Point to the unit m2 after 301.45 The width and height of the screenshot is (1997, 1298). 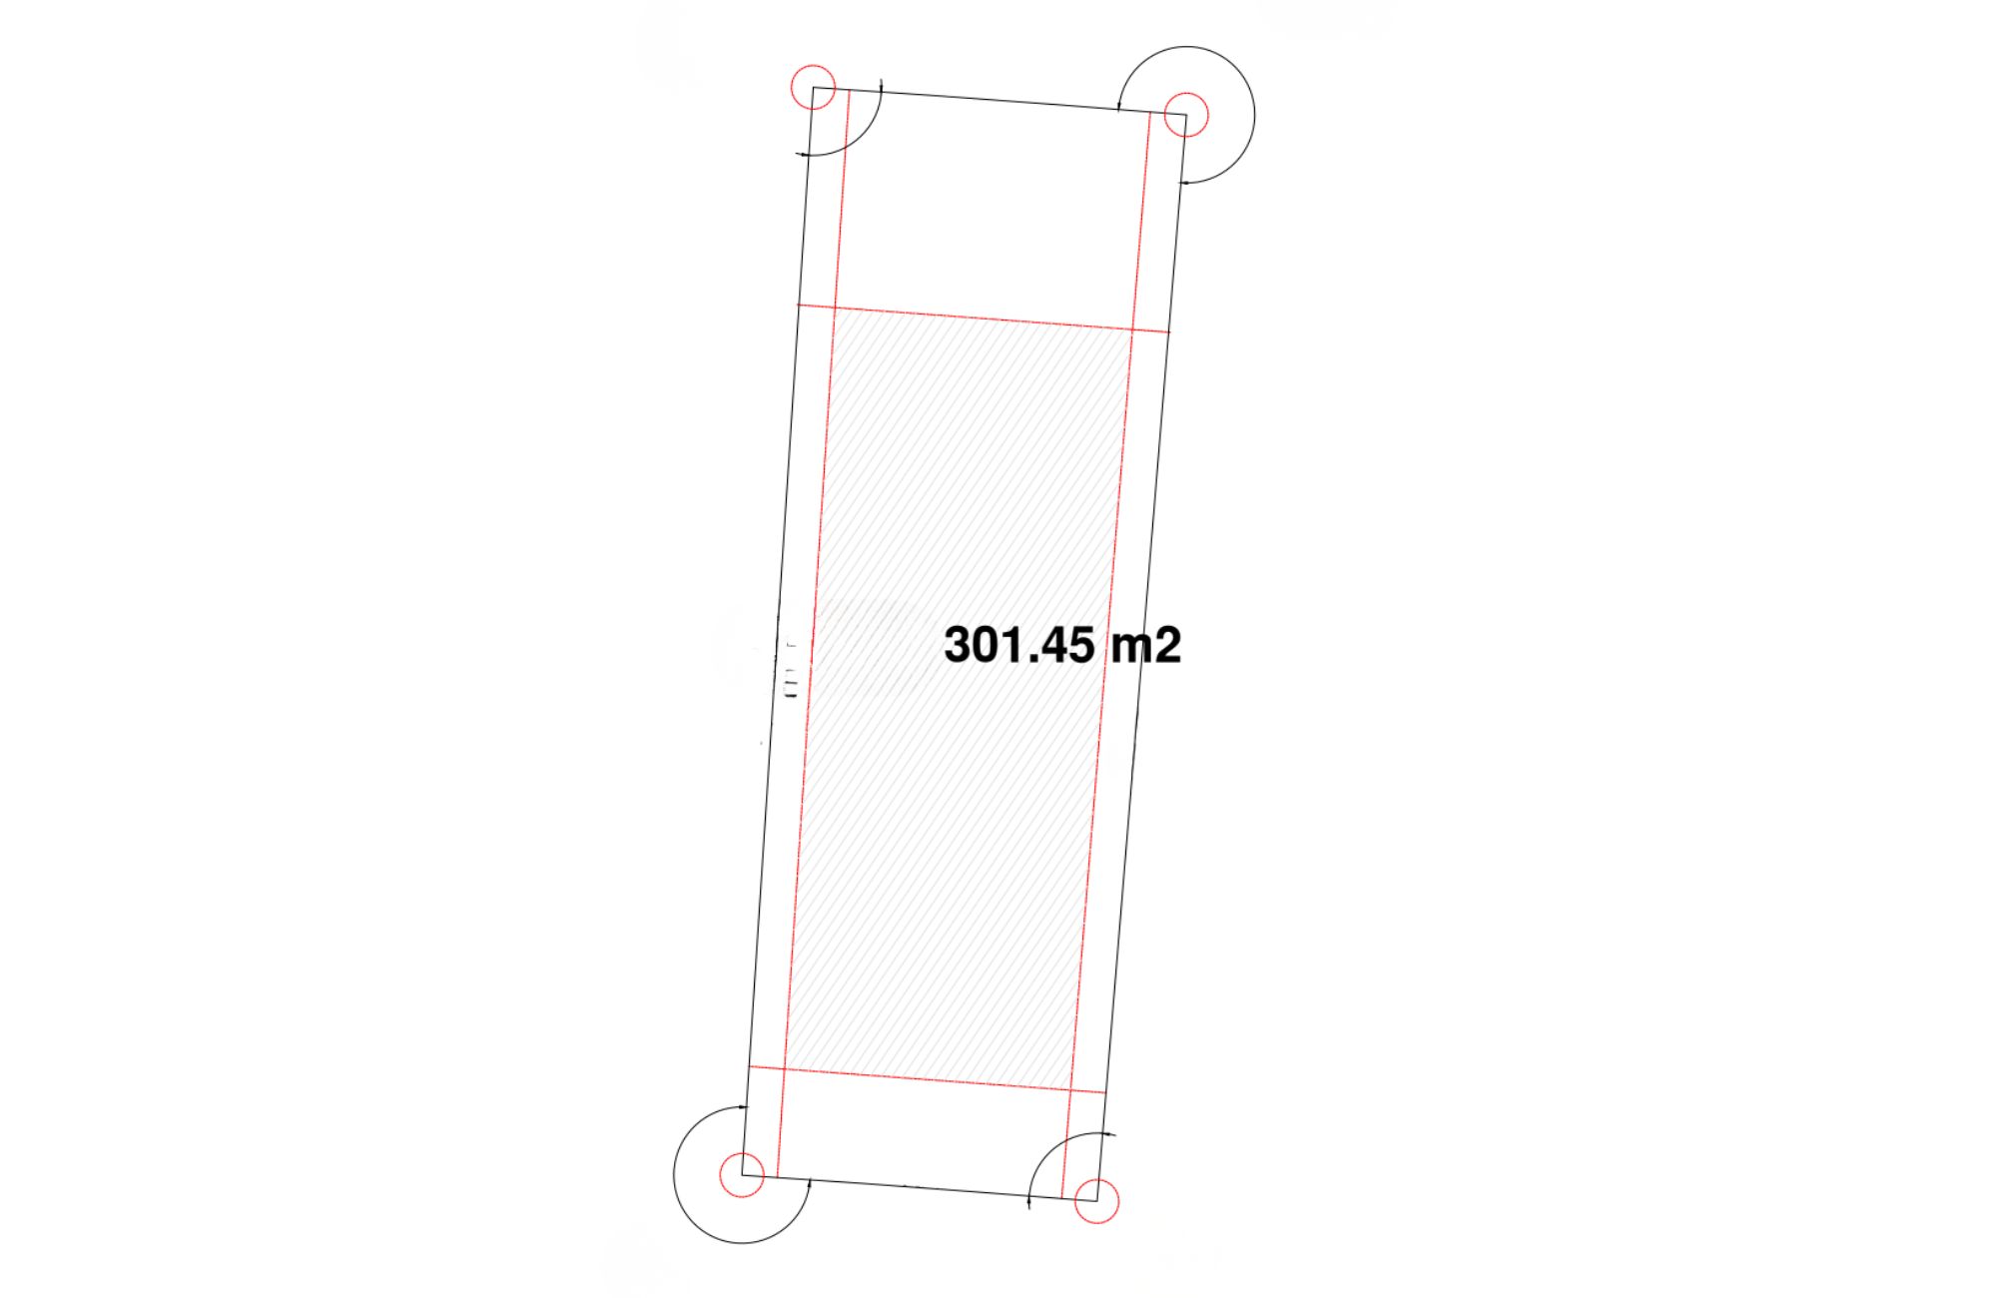pos(1146,645)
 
